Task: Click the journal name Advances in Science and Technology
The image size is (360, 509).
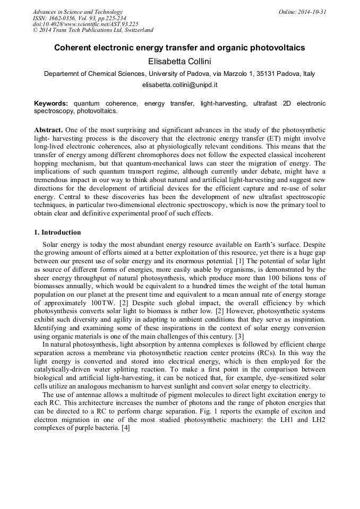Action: pyautogui.click(x=78, y=12)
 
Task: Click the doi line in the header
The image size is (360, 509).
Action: pyautogui.click(x=85, y=24)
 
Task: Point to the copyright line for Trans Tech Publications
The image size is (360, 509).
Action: pyautogui.click(x=93, y=30)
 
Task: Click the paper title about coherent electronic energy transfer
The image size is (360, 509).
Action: pyautogui.click(x=179, y=48)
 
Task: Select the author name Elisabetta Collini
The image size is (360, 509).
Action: pyautogui.click(x=179, y=62)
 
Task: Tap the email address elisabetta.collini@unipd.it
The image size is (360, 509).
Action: pyautogui.click(x=179, y=85)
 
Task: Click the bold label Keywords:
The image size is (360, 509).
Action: pyautogui.click(x=51, y=103)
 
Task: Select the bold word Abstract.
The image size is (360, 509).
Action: pyautogui.click(x=49, y=130)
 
